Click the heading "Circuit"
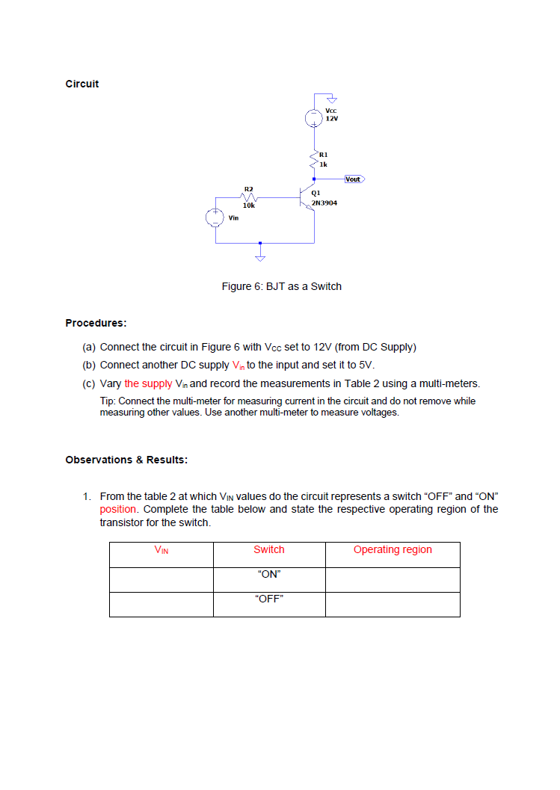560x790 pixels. tap(82, 84)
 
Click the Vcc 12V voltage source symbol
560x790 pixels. tap(314, 117)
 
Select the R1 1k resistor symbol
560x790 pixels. tap(314, 158)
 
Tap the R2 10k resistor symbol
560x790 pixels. tap(249, 198)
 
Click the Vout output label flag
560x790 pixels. tap(353, 179)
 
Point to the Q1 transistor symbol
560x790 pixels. tap(307, 199)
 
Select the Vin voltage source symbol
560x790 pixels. tap(215, 217)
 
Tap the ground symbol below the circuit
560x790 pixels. tap(260, 257)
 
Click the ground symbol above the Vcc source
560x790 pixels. tap(333, 99)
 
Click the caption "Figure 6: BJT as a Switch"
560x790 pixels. tap(281, 286)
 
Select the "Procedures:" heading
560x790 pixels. tap(96, 323)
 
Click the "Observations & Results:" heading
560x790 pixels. tap(126, 460)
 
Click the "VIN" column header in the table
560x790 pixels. tap(161, 550)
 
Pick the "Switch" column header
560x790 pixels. tap(269, 549)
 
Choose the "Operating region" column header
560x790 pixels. tap(393, 549)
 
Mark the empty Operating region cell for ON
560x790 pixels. tap(393, 579)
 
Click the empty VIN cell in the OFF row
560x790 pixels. tap(161, 604)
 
